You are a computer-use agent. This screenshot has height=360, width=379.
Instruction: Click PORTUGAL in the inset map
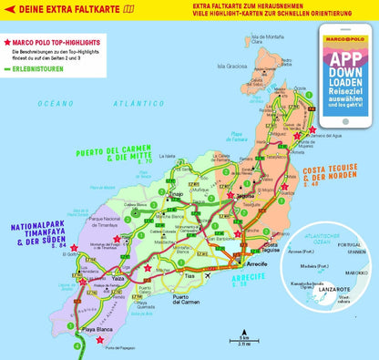[349, 245]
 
